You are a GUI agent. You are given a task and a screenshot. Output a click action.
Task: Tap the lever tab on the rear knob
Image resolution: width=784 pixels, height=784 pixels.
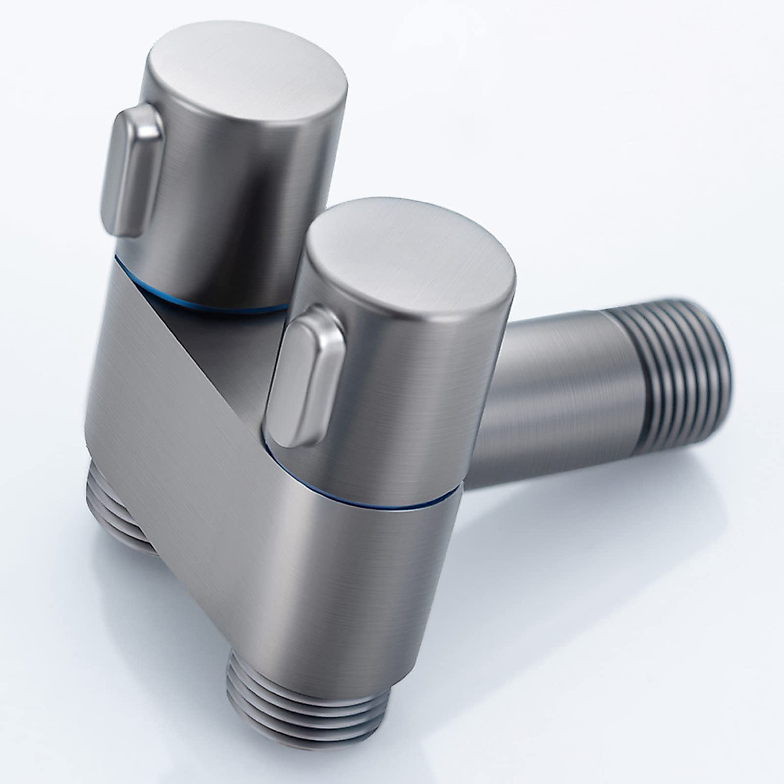(131, 170)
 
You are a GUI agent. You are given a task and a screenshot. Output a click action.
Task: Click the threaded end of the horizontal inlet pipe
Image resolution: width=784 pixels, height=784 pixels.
(673, 379)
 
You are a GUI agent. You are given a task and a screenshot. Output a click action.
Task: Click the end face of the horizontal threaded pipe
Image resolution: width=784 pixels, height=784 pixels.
(719, 372)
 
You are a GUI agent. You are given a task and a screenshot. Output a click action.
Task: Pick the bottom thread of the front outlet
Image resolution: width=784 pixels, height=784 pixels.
(307, 732)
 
